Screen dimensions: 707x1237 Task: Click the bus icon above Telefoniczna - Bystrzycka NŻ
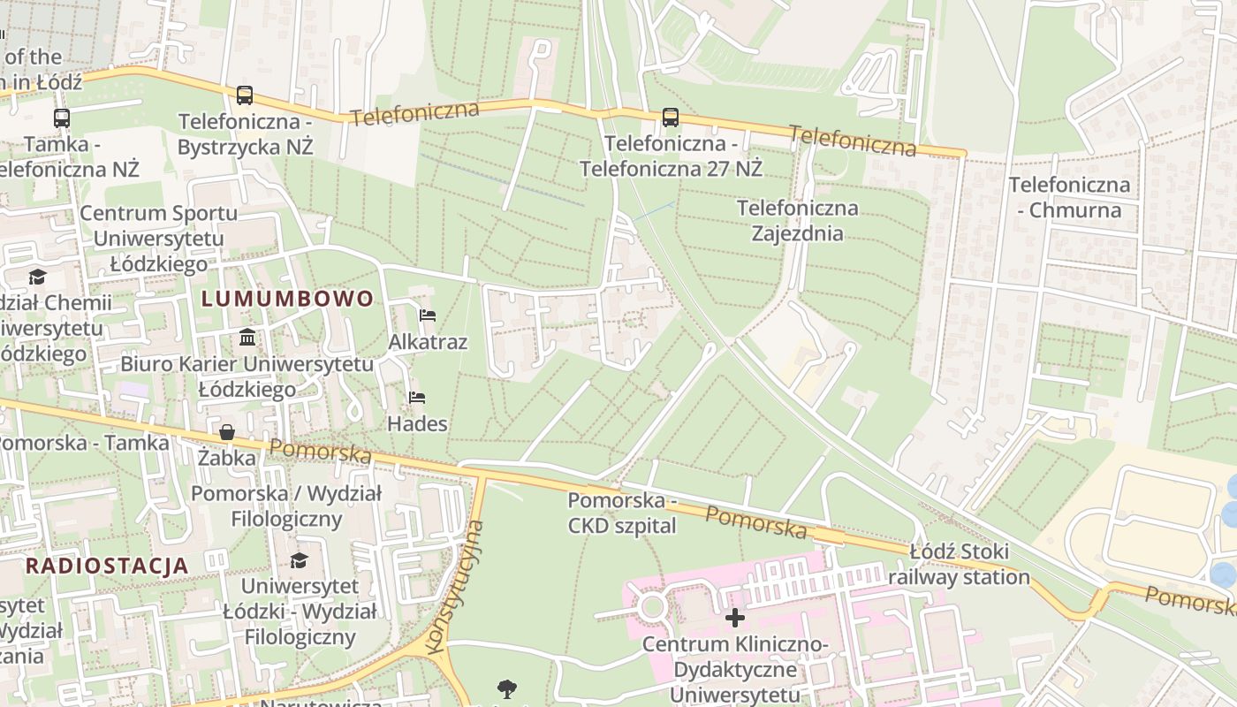pyautogui.click(x=245, y=95)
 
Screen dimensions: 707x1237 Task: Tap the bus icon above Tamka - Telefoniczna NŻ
pyautogui.click(x=62, y=118)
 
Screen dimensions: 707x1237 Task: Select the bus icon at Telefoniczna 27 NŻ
pyautogui.click(x=671, y=117)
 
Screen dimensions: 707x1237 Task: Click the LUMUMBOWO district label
pyautogui.click(x=288, y=299)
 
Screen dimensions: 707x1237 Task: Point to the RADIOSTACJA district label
pyautogui.click(x=107, y=566)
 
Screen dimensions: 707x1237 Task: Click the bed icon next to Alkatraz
pyautogui.click(x=428, y=315)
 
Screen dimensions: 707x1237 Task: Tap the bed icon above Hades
pyautogui.click(x=417, y=398)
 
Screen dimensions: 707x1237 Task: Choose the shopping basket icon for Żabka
pyautogui.click(x=227, y=432)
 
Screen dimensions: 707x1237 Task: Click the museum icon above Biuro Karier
pyautogui.click(x=247, y=337)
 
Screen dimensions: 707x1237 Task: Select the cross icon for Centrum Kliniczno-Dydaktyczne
pyautogui.click(x=734, y=617)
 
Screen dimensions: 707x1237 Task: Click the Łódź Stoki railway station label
pyautogui.click(x=959, y=565)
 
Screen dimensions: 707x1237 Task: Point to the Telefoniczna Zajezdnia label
pyautogui.click(x=797, y=221)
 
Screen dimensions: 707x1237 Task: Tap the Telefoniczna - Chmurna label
pyautogui.click(x=1069, y=197)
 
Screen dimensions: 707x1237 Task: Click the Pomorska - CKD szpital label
pyautogui.click(x=622, y=513)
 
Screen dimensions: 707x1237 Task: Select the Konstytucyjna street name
pyautogui.click(x=455, y=587)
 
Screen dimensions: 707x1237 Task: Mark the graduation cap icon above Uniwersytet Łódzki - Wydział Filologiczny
pyautogui.click(x=300, y=560)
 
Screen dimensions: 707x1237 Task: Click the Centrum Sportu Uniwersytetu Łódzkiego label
pyautogui.click(x=158, y=238)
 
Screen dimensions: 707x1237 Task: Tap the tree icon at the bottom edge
pyautogui.click(x=507, y=688)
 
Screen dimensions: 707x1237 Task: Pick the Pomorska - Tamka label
pyautogui.click(x=84, y=443)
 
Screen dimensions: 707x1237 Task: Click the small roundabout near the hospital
pyautogui.click(x=653, y=607)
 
